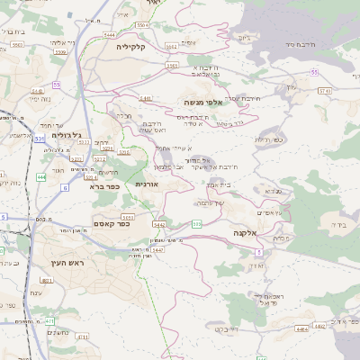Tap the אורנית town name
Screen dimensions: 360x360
click(147, 184)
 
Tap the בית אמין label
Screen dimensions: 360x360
click(219, 184)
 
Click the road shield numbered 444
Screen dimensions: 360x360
click(41, 178)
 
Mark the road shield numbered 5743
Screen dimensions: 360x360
click(324, 90)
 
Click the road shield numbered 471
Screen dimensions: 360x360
click(52, 320)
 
